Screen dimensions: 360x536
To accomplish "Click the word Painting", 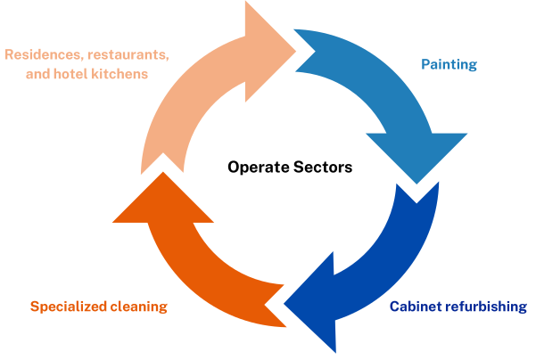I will pos(449,65).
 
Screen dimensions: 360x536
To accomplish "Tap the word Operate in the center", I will pos(255,167).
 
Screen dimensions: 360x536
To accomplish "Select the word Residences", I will pos(41,54).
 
